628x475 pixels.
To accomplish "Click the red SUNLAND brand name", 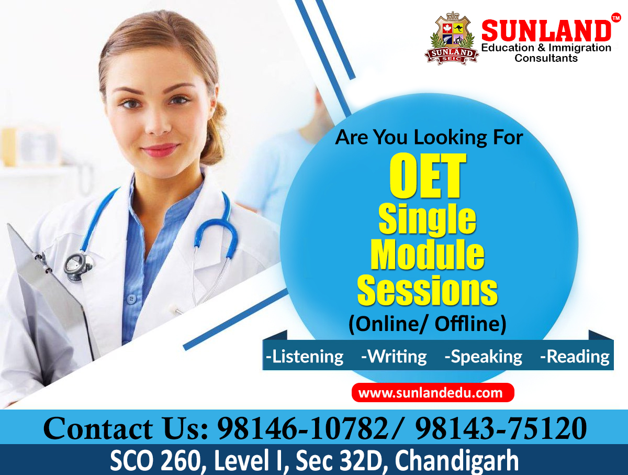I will coord(546,31).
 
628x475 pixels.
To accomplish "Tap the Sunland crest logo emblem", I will coord(452,39).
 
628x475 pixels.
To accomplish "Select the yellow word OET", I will coord(428,177).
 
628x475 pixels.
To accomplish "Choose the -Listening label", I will coord(305,357).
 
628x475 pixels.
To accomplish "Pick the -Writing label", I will coord(394,357).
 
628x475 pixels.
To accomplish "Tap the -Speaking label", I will coord(483,357).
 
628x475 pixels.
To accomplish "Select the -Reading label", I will coord(575,357).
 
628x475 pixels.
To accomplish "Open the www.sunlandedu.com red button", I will coord(432,393).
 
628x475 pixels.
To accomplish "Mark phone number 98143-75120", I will coord(501,428).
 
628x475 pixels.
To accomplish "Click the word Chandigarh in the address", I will coord(456,461).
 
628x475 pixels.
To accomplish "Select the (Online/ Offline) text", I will coord(427,324).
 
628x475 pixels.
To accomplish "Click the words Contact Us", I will coord(126,428).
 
